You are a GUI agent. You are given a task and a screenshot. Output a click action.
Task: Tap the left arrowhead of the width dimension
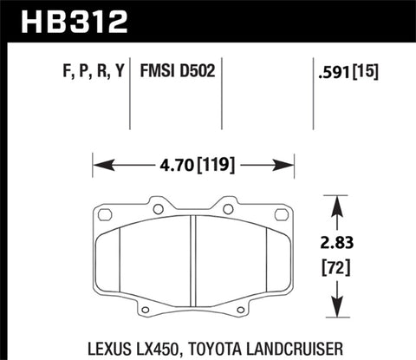[x=97, y=162]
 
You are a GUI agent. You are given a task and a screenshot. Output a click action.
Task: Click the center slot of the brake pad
[x=191, y=260]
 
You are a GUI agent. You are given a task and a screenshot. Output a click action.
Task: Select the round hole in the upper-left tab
[x=159, y=210]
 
